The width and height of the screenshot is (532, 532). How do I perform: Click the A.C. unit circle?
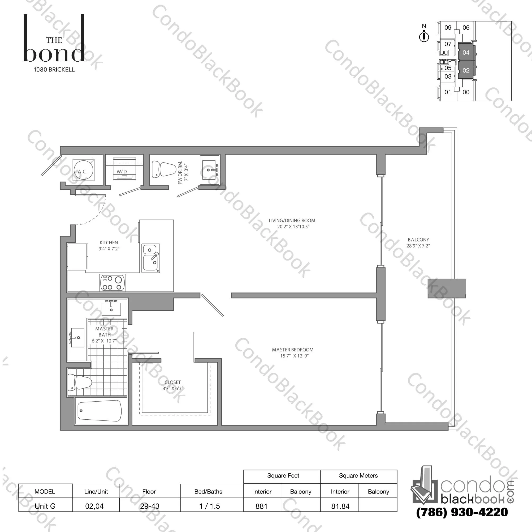[x=83, y=170]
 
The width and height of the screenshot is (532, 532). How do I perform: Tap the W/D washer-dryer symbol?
[x=124, y=168]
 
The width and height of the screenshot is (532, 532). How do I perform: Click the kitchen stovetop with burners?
[x=112, y=283]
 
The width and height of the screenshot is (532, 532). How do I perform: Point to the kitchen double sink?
[x=151, y=258]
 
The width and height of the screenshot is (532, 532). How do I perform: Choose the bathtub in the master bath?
[x=100, y=411]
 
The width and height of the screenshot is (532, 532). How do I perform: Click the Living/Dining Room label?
[x=292, y=220]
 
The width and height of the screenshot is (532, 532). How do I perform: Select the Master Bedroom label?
[x=293, y=350]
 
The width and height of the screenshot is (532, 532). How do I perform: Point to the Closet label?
[x=173, y=382]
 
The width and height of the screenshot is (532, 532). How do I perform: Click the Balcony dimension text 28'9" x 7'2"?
[x=418, y=246]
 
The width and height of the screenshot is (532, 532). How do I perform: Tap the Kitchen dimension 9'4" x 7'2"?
[x=109, y=249]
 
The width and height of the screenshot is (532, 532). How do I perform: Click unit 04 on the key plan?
[x=466, y=52]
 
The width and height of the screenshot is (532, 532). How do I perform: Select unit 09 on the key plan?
[x=448, y=28]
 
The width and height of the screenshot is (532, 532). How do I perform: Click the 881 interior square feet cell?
[x=261, y=506]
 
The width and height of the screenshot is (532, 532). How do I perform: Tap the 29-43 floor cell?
[x=150, y=506]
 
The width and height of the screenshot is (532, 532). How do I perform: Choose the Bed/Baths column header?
[x=208, y=491]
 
